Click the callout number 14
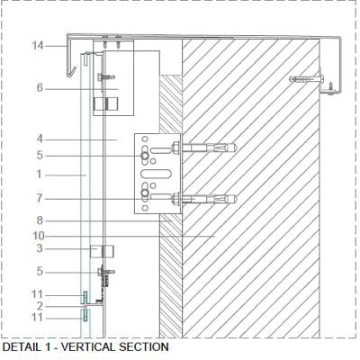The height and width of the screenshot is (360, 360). click(x=38, y=46)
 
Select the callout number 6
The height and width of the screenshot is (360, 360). click(x=40, y=88)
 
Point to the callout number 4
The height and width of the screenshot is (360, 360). click(x=40, y=139)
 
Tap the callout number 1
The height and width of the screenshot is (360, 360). click(x=40, y=174)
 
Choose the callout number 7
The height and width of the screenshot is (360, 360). click(x=40, y=198)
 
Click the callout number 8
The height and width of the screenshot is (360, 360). click(x=40, y=220)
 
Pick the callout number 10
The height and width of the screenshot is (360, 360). click(x=39, y=236)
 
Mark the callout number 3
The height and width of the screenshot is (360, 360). click(x=40, y=248)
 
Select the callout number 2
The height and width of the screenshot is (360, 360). click(x=40, y=306)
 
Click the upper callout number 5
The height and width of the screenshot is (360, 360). click(x=40, y=156)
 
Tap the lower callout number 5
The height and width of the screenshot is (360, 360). click(x=40, y=272)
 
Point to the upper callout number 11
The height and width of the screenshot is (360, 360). click(x=38, y=294)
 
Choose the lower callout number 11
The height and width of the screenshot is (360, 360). click(x=38, y=318)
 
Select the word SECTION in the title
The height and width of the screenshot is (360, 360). click(x=144, y=347)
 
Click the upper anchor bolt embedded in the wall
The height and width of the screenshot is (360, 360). click(x=204, y=148)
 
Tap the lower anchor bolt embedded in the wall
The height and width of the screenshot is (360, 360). click(x=204, y=199)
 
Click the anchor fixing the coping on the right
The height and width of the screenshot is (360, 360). click(x=307, y=79)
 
